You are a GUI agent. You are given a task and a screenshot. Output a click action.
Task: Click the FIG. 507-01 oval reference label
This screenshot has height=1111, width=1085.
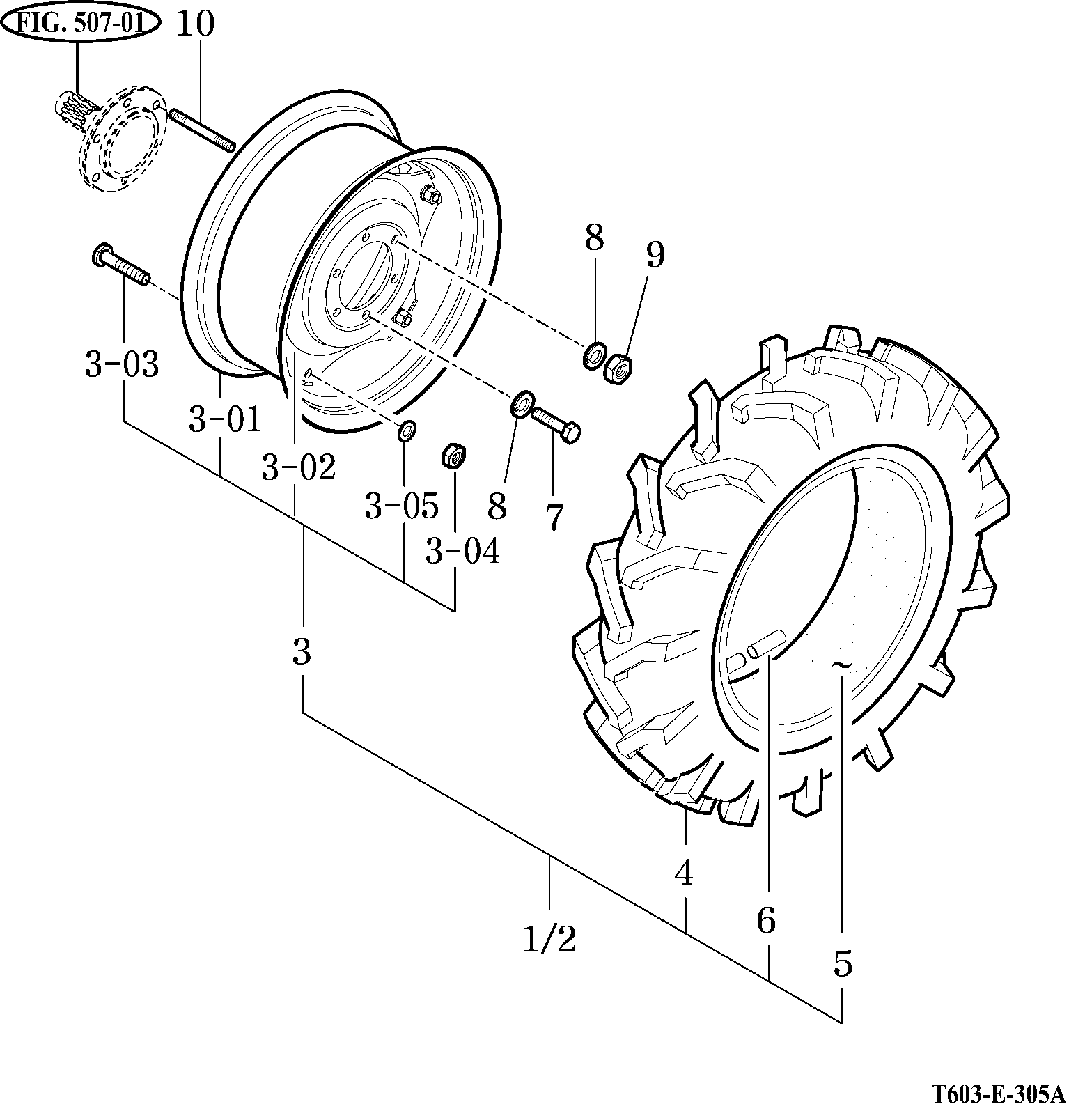(x=79, y=24)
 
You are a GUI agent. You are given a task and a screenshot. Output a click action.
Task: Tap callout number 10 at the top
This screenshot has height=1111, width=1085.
(x=195, y=25)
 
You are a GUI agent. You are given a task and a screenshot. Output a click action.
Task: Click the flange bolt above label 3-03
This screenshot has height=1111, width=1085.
(x=119, y=265)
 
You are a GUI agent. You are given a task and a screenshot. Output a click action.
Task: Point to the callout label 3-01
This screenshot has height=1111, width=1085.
(x=224, y=420)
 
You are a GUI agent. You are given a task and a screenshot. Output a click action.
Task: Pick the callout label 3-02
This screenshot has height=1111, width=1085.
(x=299, y=467)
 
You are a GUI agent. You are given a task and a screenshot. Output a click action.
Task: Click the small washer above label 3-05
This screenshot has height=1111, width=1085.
(x=406, y=431)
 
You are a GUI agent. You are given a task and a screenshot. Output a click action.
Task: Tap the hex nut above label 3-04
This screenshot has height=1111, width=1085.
(x=454, y=456)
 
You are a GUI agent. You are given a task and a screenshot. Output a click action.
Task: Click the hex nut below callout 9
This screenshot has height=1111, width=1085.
(x=616, y=368)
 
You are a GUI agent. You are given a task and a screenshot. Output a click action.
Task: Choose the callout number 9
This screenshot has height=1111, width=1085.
(x=655, y=255)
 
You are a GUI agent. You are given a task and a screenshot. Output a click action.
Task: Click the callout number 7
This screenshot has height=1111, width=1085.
(x=554, y=516)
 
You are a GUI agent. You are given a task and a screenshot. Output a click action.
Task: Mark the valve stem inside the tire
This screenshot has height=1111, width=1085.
(x=764, y=643)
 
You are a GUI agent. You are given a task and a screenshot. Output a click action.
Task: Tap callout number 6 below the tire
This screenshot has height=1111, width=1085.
(x=765, y=921)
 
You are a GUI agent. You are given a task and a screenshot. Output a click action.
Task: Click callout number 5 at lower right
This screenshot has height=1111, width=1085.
(x=842, y=964)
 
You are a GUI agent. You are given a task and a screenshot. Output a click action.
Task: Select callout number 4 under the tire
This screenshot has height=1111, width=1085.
(x=684, y=873)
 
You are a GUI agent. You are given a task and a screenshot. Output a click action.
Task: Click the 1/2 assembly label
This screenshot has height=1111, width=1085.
(x=549, y=941)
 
